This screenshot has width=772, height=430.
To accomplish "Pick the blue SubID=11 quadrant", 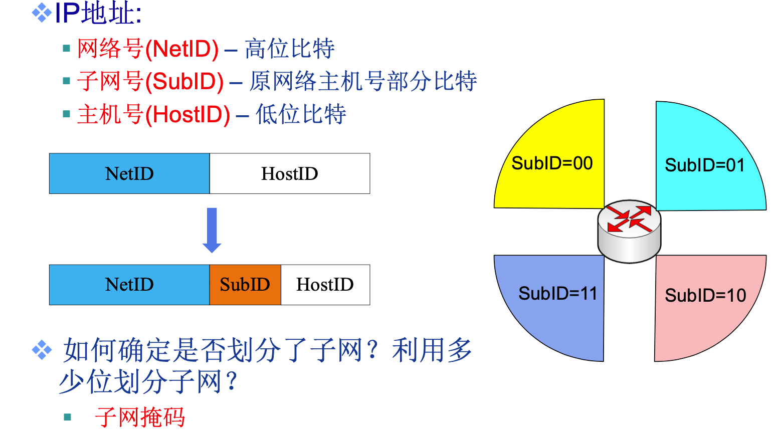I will click(x=556, y=301).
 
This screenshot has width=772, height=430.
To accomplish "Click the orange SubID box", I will click(x=245, y=285).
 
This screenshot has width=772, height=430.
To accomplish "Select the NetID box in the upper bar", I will click(x=129, y=173).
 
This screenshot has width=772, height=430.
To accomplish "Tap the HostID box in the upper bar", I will click(x=290, y=173).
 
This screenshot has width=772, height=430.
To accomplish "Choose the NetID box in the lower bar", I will click(x=129, y=285).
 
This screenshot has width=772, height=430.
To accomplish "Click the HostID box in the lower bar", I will click(x=325, y=285).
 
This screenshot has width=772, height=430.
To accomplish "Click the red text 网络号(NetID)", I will click(x=148, y=49).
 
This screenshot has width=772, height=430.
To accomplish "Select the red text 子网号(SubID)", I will click(x=150, y=82).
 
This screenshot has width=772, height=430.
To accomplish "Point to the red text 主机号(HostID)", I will click(x=154, y=115).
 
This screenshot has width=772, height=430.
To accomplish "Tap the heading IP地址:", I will click(x=98, y=13).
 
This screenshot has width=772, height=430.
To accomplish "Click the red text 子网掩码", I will click(x=140, y=417).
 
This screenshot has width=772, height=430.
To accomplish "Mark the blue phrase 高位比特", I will click(x=290, y=49).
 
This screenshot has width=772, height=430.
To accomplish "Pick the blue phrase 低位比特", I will click(x=301, y=115).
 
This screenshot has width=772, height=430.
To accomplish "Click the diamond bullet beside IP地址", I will click(x=42, y=13).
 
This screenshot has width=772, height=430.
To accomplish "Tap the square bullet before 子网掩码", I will click(x=68, y=417).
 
